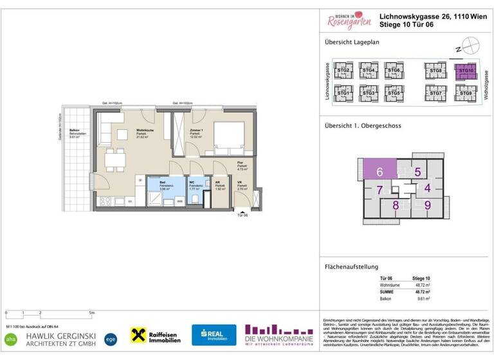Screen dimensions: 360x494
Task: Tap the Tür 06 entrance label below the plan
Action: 241,215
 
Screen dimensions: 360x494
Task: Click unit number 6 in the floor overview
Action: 380,172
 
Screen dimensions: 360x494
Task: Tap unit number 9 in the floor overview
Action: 427,206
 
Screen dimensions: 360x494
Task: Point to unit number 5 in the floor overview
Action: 417,172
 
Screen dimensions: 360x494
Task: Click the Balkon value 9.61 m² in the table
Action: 423,298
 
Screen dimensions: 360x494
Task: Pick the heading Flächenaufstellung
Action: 351,267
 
